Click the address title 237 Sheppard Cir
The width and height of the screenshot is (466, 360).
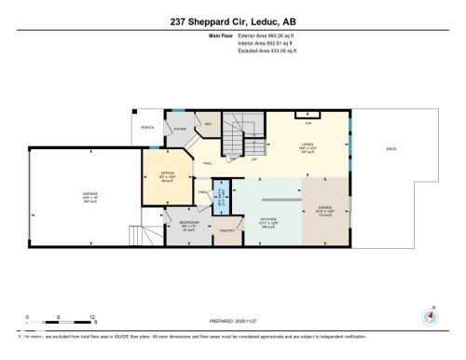[232, 21]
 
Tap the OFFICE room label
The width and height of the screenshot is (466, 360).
[168, 173]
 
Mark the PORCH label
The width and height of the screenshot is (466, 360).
[147, 127]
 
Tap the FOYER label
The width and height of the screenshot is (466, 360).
[180, 129]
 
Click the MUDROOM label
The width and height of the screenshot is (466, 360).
[188, 224]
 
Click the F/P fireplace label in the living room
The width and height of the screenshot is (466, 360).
[308, 122]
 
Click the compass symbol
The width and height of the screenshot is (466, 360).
[430, 314]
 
